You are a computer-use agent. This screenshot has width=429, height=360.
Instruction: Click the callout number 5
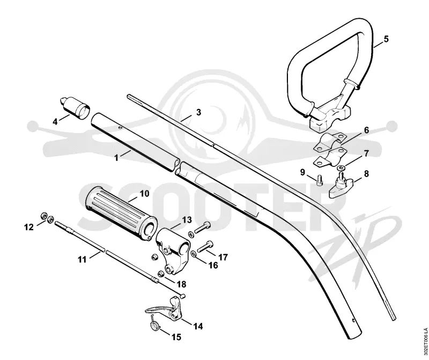pos(386,39)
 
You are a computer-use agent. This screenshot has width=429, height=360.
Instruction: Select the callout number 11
pos(83,259)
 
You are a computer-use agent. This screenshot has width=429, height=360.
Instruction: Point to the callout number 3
pos(198,112)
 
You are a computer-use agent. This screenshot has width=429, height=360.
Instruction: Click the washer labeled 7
pos(342,167)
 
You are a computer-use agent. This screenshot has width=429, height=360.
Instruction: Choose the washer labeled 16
pos(194,254)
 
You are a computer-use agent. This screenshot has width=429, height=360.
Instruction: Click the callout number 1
pos(116,158)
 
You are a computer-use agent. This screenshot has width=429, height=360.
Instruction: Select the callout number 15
pos(177,337)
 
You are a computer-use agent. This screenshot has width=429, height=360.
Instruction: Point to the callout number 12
pos(29,227)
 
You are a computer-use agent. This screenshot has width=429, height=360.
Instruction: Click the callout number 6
pos(366,130)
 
